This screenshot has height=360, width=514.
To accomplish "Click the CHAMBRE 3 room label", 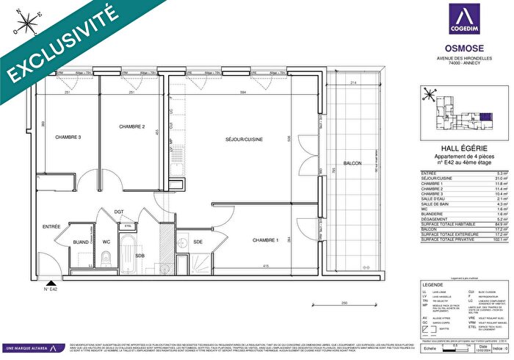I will pos(68,137).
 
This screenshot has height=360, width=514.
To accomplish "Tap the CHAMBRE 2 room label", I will pos(131,127).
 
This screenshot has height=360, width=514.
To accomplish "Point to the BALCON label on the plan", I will pos(352,162).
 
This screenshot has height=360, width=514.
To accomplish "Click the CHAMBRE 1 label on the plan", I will pos(265,240).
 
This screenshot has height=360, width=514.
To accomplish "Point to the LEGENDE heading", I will pos(432,284).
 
